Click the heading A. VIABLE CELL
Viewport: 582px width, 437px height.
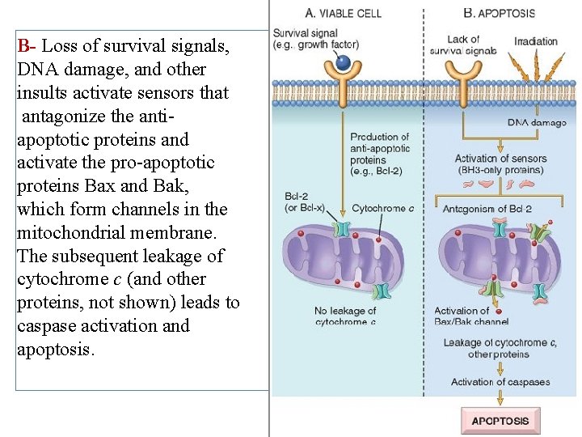(x=343, y=13)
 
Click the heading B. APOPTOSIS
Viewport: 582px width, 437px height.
(x=499, y=13)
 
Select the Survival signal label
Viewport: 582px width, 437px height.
(x=306, y=39)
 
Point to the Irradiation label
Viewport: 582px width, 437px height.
(x=535, y=40)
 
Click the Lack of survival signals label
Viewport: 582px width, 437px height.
(x=463, y=45)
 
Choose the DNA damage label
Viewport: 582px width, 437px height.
(x=537, y=122)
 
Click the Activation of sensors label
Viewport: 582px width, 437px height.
(x=500, y=164)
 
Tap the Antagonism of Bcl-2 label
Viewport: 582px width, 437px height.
(x=487, y=209)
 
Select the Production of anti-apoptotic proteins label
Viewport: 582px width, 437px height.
(x=380, y=154)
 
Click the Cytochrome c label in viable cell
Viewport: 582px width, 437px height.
(x=382, y=209)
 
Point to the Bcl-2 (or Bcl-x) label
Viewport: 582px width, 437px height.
(x=304, y=202)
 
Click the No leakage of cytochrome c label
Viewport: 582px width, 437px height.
(x=345, y=316)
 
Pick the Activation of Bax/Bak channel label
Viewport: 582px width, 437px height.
(x=472, y=316)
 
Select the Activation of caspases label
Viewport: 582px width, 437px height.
(x=500, y=382)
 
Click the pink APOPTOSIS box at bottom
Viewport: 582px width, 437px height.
(x=500, y=421)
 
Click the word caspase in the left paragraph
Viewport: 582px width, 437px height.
(x=48, y=326)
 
